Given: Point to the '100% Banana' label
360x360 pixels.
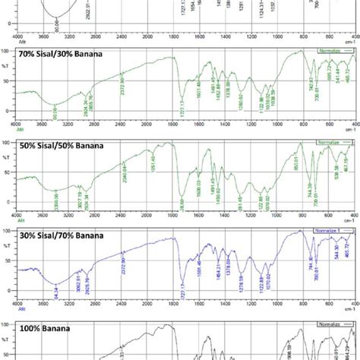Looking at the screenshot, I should pyautogui.click(x=49, y=328).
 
